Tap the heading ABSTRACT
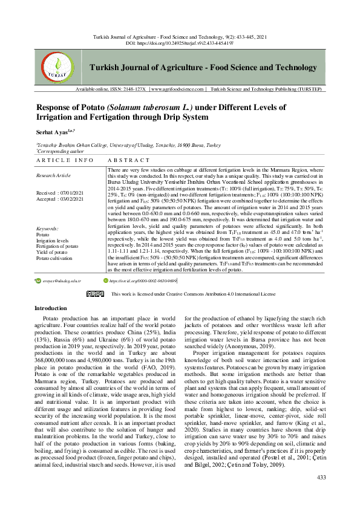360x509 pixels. (128, 160)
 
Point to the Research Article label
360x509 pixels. (54, 176)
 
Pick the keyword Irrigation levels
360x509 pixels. (53, 241)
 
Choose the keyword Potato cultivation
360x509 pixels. (55, 258)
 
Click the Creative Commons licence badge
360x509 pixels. (95, 294)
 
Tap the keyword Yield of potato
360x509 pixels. (53, 251)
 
